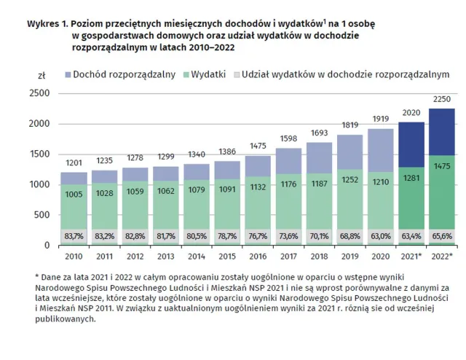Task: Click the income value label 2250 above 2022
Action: pyautogui.click(x=441, y=100)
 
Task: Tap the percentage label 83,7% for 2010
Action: pyautogui.click(x=74, y=236)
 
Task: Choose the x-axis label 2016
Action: pyautogui.click(x=258, y=256)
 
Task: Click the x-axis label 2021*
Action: pyautogui.click(x=411, y=256)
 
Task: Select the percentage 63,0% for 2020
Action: pyautogui.click(x=381, y=236)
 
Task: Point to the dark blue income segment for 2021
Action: pyautogui.click(x=411, y=146)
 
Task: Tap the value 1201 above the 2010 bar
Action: pyautogui.click(x=74, y=163)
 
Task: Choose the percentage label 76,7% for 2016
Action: pyautogui.click(x=258, y=236)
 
